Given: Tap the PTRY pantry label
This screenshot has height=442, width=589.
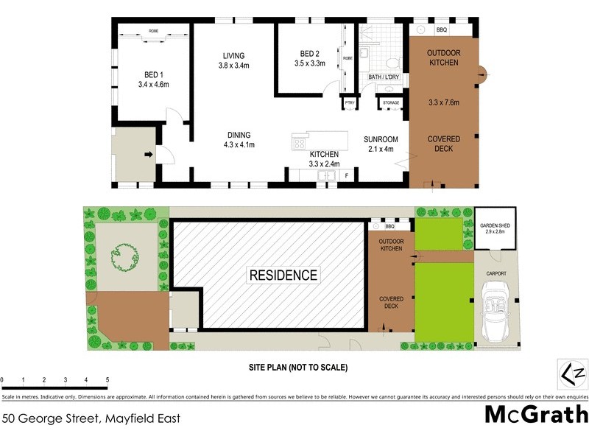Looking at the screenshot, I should pos(349,102).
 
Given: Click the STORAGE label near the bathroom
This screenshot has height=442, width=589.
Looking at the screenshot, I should pos(391,103).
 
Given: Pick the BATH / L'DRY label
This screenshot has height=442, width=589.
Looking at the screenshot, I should pos(384,77).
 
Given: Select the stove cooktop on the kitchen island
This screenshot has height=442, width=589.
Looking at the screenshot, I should pos(300,143).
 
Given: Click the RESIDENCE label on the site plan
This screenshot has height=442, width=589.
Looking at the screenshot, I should pos(283,276).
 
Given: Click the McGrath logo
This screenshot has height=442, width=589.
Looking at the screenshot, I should pos(535,414).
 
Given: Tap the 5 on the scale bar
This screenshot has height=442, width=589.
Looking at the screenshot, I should pos(107,380).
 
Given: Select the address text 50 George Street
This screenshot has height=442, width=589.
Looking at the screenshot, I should pos(91,418).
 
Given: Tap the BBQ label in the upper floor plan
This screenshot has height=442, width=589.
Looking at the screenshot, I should pos(442,30).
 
